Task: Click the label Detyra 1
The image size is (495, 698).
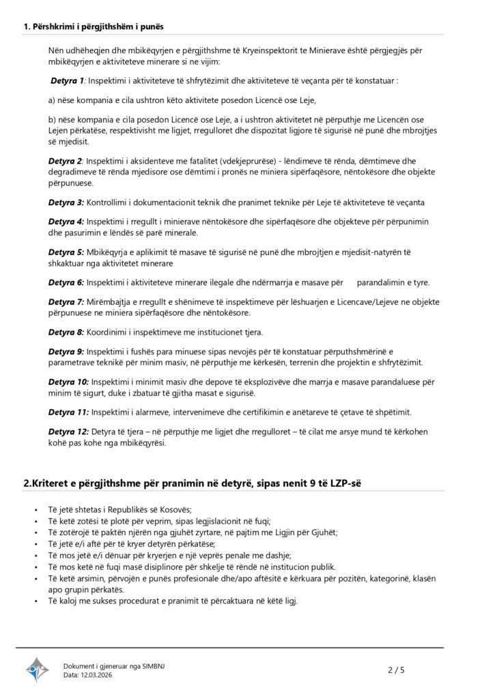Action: (68, 80)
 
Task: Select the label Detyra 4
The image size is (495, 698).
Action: (66, 222)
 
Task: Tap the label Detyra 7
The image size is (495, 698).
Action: (66, 301)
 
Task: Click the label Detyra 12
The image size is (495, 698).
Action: (68, 431)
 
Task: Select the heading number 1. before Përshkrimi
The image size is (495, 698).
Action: (27, 27)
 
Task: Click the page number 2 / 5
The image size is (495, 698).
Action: (397, 670)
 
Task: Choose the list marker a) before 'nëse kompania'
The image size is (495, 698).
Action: (52, 101)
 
